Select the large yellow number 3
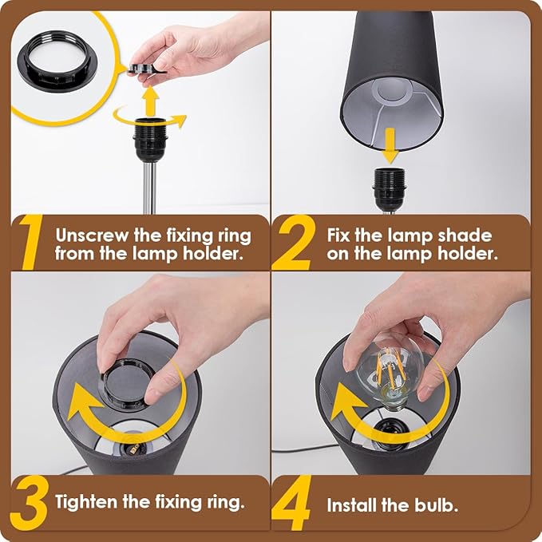click(30, 503)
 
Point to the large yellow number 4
click(292, 503)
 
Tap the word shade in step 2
click(465, 235)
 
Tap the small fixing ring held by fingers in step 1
click(147, 69)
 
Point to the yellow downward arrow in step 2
click(390, 145)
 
